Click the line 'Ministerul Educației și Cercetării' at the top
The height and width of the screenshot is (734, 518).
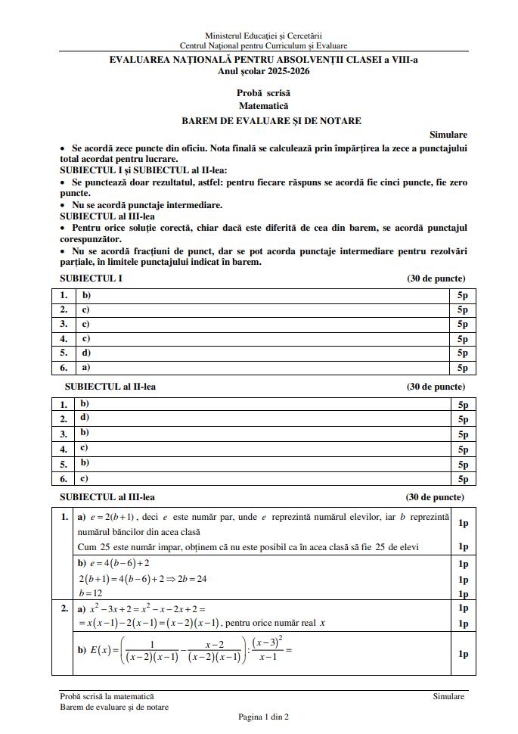click(x=263, y=36)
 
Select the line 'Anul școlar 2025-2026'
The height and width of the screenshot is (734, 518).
click(x=263, y=71)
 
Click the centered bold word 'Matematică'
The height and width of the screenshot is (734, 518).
click(x=263, y=106)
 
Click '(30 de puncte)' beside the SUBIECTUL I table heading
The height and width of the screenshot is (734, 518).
click(x=436, y=278)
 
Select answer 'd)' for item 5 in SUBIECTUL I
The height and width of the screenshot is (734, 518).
click(x=86, y=353)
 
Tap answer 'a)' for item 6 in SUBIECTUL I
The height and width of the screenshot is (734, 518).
click(x=85, y=367)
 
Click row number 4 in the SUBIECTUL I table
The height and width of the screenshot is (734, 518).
click(x=64, y=338)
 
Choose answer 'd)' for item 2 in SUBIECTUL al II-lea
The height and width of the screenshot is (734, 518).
click(x=85, y=417)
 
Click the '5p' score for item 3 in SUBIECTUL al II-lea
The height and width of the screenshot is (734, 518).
click(x=463, y=434)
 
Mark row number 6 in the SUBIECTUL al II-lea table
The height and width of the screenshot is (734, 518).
click(x=64, y=479)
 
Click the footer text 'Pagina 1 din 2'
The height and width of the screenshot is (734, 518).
click(x=263, y=717)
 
